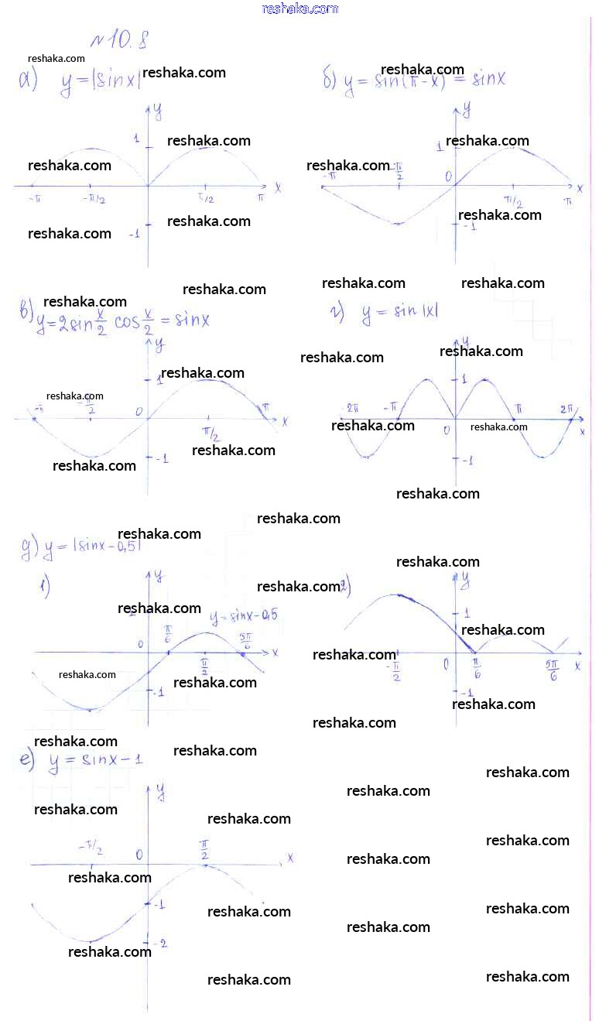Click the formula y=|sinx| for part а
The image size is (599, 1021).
click(101, 84)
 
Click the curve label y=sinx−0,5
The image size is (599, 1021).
click(244, 616)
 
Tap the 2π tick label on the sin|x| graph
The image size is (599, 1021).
click(567, 408)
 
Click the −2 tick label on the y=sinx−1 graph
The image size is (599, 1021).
click(161, 942)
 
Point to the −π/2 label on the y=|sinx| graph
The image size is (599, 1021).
click(94, 200)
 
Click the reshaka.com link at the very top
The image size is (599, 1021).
click(300, 9)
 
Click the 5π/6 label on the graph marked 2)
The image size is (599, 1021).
click(553, 670)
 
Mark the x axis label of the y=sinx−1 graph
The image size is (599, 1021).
click(290, 858)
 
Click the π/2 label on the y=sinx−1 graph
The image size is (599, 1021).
click(204, 849)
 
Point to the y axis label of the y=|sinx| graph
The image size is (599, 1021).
click(157, 112)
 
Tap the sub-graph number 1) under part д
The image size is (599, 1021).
click(45, 588)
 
